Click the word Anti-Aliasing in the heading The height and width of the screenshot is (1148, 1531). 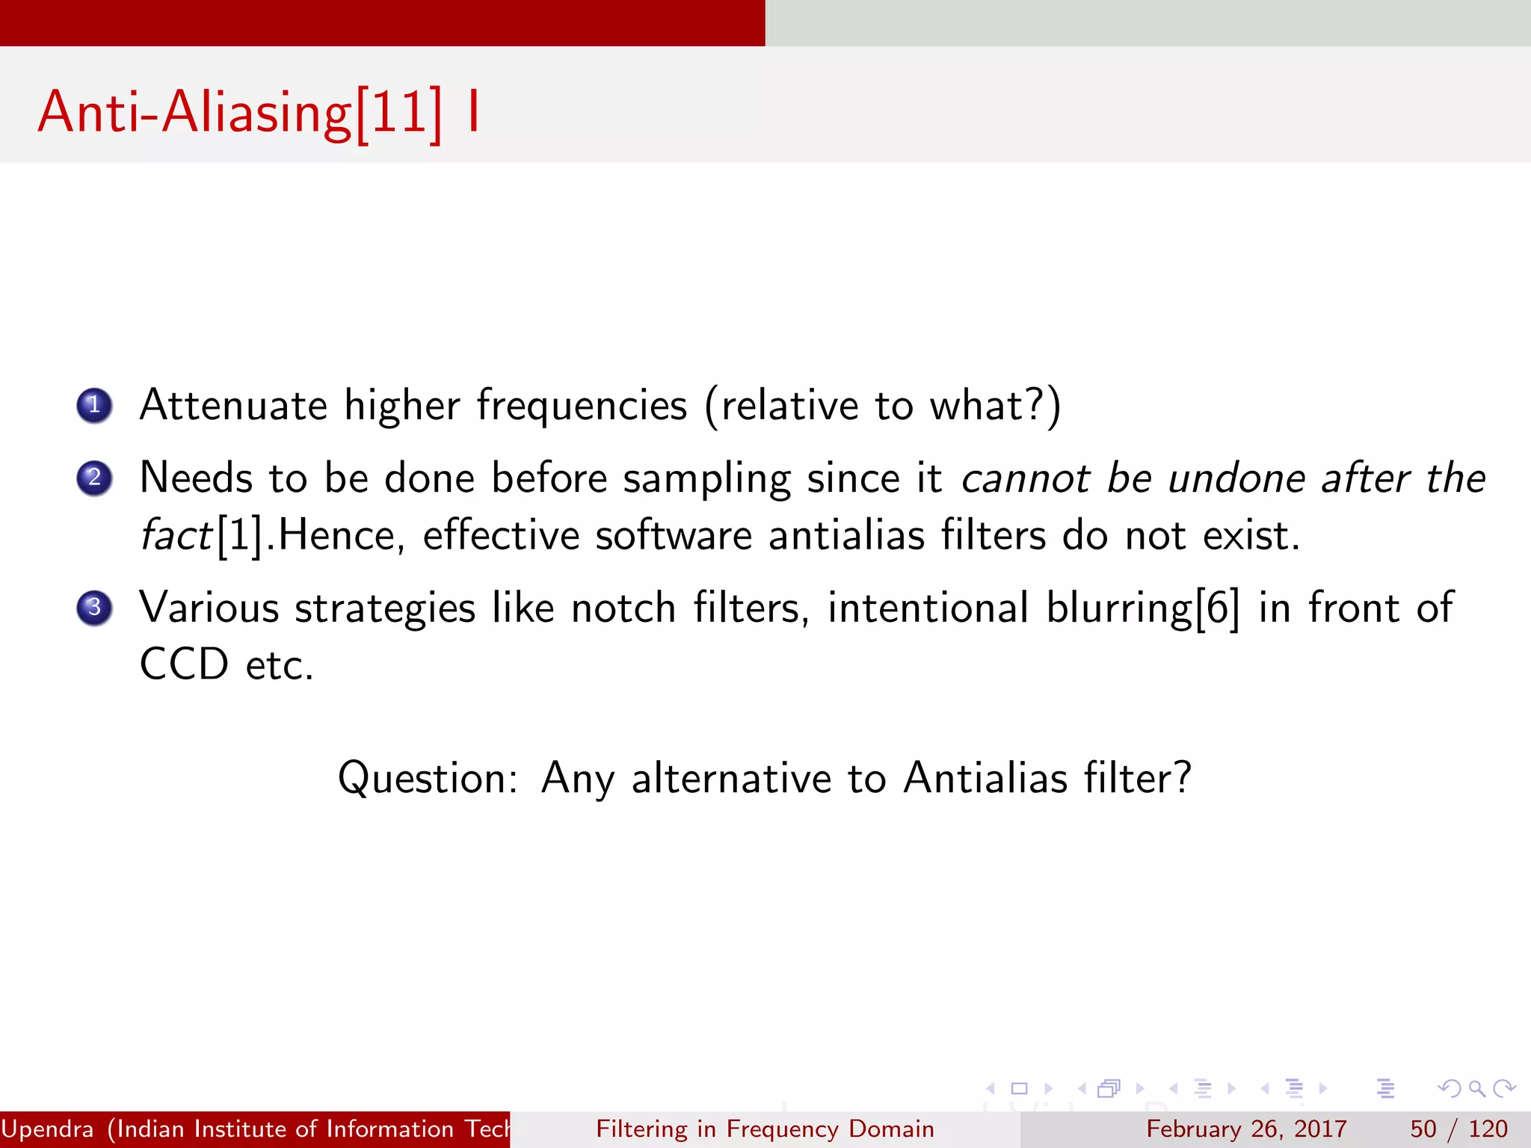(x=194, y=112)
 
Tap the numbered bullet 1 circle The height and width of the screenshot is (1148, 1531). (x=94, y=406)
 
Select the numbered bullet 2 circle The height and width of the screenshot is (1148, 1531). (x=94, y=478)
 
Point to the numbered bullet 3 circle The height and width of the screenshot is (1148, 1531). (x=94, y=607)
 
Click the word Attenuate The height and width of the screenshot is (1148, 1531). (x=233, y=406)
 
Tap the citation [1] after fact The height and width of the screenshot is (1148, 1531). (x=240, y=536)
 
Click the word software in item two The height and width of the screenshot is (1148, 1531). (x=673, y=536)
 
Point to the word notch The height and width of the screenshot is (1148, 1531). (x=623, y=607)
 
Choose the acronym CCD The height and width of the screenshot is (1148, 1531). (x=184, y=664)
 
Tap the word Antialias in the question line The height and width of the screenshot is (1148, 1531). (x=985, y=777)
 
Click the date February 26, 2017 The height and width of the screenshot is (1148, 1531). (x=1246, y=1129)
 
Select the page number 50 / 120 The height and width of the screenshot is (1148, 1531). (x=1458, y=1129)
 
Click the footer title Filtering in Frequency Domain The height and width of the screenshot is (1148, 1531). (x=765, y=1129)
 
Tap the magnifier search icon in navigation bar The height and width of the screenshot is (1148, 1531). (x=1476, y=1088)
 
